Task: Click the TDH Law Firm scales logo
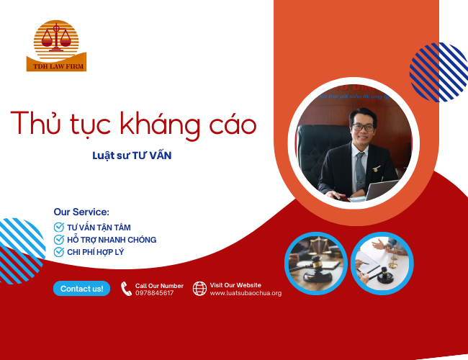[56, 43]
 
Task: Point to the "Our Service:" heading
[81, 212]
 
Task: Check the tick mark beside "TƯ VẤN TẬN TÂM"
[59, 228]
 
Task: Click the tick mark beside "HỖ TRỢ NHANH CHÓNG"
[59, 240]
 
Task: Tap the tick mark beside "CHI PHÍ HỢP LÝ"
[59, 252]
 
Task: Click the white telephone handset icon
[126, 289]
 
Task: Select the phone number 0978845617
[154, 293]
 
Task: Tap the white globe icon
[199, 289]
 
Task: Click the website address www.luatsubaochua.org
[246, 293]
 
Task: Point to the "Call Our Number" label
[159, 286]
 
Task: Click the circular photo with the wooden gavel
[316, 263]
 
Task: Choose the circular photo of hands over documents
[382, 263]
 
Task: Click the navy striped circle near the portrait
[438, 72]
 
